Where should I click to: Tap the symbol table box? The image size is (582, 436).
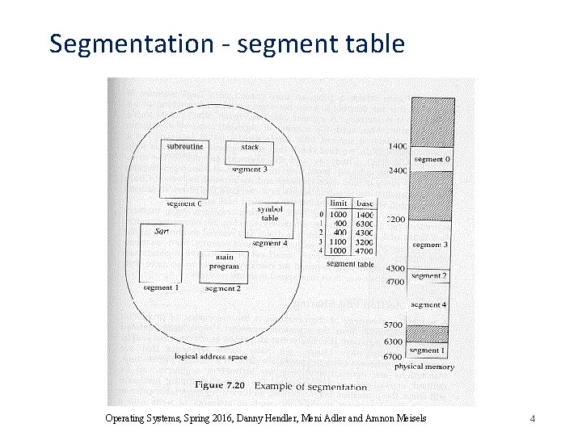point(269,219)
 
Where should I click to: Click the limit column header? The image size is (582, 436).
point(339,203)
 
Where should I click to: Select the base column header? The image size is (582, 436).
point(365,203)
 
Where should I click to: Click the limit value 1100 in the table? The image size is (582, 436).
point(338,241)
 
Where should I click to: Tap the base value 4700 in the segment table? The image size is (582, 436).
point(365,250)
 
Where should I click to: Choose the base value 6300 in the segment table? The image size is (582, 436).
point(365,224)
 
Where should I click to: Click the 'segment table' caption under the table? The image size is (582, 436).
point(350,264)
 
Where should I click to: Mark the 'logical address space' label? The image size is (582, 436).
point(211,356)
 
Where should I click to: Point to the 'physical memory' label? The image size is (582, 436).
point(424,367)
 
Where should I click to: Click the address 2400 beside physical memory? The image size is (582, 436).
point(397,171)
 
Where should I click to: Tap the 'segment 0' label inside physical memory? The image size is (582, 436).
point(432,159)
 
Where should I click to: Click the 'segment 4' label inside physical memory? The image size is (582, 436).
point(428,304)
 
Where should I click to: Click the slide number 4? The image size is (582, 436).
point(533,418)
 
